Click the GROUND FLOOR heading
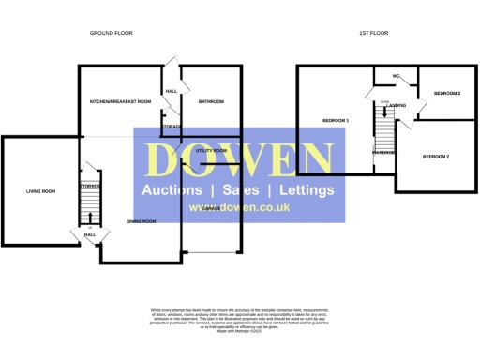point(111,33)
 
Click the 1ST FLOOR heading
point(373,33)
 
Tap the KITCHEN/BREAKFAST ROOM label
point(120,101)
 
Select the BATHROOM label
point(211,101)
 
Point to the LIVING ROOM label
point(40,191)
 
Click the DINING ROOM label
point(141,221)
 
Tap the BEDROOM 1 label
point(336,121)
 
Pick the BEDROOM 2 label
point(436,156)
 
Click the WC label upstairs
point(397,76)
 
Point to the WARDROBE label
point(384,152)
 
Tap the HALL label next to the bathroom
point(171,91)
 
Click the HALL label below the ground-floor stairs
point(89,235)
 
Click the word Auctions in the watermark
point(173,190)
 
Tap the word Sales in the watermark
point(240,190)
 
